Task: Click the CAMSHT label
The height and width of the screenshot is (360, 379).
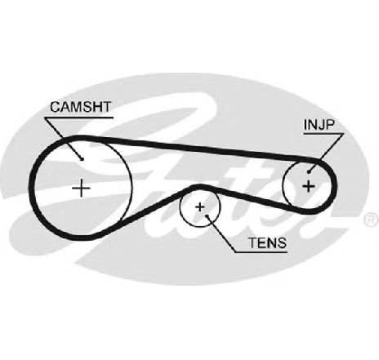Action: point(81,107)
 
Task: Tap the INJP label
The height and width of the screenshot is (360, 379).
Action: point(319,125)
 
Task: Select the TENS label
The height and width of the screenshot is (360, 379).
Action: point(267,242)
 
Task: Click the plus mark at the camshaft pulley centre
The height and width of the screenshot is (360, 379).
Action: point(81,188)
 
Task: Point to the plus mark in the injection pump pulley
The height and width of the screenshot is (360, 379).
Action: point(309,186)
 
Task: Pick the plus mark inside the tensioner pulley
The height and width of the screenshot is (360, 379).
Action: point(200,207)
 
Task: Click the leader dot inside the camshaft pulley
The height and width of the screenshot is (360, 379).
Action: point(82,158)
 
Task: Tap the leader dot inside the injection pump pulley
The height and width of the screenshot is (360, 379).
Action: point(309,171)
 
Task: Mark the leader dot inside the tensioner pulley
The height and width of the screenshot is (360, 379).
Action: point(207,216)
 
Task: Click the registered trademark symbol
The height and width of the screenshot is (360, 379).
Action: point(372,220)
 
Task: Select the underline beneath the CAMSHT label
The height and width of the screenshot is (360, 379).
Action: point(78,118)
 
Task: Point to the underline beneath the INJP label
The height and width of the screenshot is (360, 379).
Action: point(323,134)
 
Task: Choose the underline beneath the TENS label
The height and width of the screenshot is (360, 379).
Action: point(261,252)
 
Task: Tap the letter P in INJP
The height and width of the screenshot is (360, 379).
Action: point(329,125)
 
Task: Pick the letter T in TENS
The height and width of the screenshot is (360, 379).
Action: point(252,242)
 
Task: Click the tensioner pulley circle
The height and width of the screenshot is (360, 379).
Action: point(181,207)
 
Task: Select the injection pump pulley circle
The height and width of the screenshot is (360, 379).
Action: point(283,186)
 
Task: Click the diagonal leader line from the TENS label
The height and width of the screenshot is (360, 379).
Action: point(221,234)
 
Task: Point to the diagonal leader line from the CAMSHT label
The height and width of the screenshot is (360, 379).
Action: point(63,138)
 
